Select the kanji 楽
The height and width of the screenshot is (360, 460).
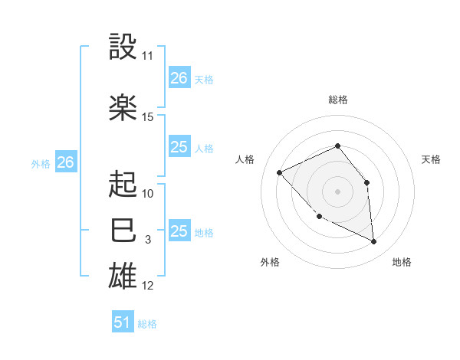click(123, 106)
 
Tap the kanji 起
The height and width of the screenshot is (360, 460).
click(123, 183)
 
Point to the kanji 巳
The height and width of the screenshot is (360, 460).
click(123, 230)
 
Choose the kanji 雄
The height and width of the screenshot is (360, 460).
click(123, 276)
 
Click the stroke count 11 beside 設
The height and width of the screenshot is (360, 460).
click(147, 56)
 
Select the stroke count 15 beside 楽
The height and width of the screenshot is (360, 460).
click(147, 117)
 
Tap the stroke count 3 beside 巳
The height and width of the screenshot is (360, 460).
click(147, 240)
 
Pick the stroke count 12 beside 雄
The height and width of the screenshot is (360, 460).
click(147, 286)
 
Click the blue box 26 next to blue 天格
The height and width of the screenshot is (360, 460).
click(179, 77)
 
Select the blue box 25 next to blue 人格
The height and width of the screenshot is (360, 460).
click(179, 147)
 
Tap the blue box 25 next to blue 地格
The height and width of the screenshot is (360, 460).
click(179, 231)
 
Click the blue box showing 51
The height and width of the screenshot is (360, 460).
click(123, 322)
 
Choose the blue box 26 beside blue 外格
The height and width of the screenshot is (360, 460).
click(66, 162)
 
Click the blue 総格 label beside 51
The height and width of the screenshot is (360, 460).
click(147, 324)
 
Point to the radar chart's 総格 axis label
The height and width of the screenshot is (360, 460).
click(337, 100)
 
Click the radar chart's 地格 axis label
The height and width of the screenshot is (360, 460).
click(402, 262)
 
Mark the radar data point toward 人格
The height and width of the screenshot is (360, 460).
click(280, 172)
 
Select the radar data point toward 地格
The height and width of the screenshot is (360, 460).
click(373, 241)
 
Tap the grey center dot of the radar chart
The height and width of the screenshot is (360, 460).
click(337, 191)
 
